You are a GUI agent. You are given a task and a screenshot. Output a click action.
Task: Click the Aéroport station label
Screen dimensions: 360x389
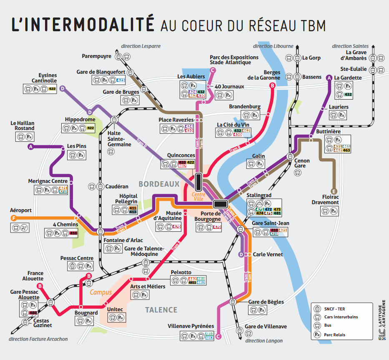coord(21,210)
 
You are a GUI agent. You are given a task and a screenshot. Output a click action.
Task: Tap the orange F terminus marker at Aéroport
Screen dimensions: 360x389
coord(14,218)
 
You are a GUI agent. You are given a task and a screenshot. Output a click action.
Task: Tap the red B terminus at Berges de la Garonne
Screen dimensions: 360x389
coord(272,86)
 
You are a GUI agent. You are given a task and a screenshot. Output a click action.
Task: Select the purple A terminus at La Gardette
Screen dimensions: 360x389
coord(329,77)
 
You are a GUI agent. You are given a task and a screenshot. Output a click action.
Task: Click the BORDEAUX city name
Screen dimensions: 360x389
coord(159,184)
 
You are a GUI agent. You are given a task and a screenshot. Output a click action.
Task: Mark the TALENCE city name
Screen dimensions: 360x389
coord(161,310)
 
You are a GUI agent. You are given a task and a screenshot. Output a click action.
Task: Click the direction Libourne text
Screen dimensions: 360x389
coord(273,46)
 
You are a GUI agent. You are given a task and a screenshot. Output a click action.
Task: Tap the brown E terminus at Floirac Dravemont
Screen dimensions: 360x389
coord(334,191)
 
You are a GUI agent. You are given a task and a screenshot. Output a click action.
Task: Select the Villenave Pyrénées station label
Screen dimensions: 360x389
coord(191,326)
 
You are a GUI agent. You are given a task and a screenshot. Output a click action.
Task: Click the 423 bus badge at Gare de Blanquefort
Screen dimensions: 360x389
coord(120,80)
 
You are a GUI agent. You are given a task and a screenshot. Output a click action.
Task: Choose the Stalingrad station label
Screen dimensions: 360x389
coord(258,195)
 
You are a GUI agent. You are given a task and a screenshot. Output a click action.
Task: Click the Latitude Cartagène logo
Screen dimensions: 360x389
coord(381,321)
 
